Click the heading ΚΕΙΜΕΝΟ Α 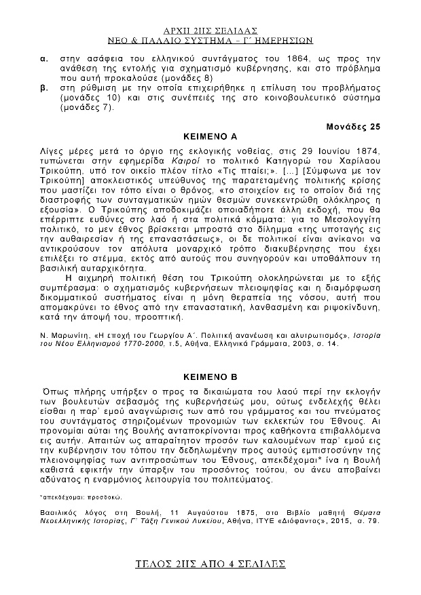(x=210, y=136)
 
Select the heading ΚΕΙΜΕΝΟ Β (x=210, y=375)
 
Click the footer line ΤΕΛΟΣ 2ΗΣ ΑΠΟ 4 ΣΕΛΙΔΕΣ (x=210, y=564)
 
